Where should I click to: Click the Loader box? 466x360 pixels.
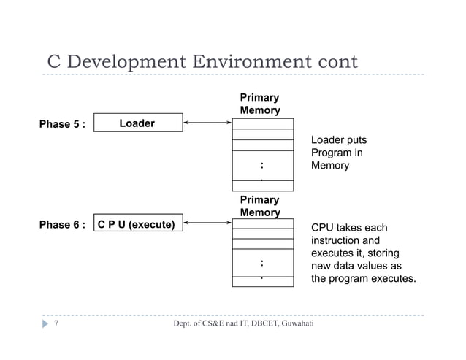137,123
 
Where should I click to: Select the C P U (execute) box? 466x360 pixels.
136,225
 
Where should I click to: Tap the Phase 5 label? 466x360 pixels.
62,124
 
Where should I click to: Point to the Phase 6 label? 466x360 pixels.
62,225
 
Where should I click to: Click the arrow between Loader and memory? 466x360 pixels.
207,123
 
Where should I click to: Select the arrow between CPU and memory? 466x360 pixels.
207,224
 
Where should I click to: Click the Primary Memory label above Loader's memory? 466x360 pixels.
259,104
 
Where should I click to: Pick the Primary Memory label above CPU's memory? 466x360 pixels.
259,205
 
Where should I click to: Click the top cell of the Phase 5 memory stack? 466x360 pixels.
262,124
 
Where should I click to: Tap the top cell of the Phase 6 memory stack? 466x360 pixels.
262,224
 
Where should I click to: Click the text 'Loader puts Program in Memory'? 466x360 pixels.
338,153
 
